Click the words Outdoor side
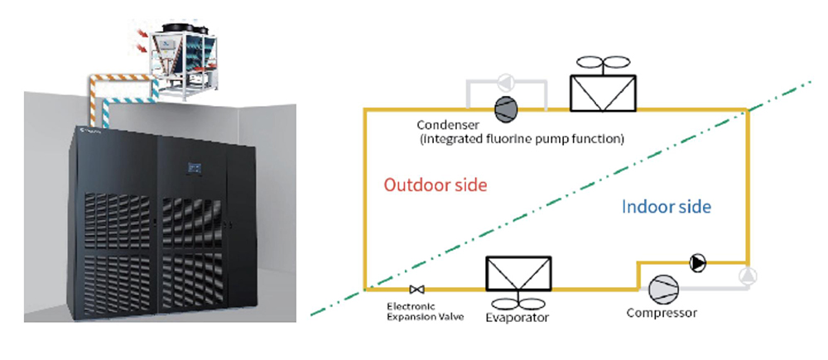(x=436, y=186)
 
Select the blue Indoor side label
(x=667, y=207)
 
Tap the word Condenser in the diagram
(x=448, y=126)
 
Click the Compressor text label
(x=662, y=313)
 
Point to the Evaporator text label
(x=517, y=317)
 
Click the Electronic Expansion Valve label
(x=426, y=311)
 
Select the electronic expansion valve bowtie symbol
(x=417, y=290)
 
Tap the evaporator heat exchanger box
(x=518, y=273)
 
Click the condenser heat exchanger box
(x=603, y=93)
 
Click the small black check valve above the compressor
(x=697, y=262)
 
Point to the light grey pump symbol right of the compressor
(x=748, y=275)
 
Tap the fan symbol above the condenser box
(x=603, y=62)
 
